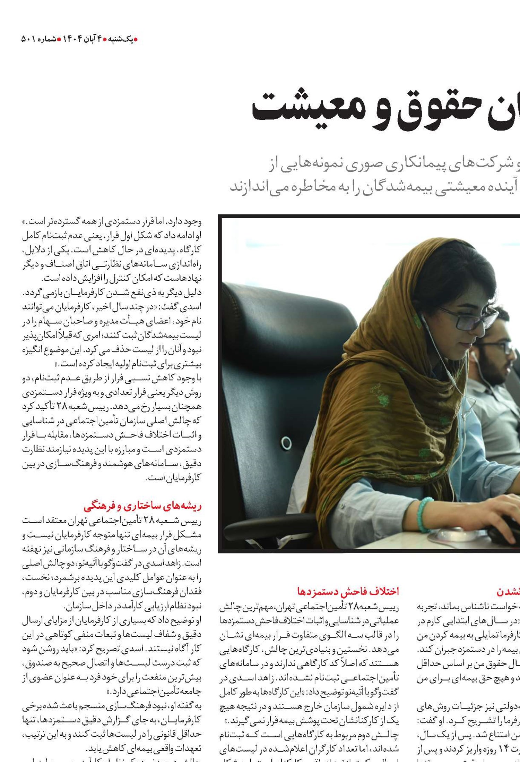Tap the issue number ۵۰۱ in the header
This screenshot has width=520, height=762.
pyautogui.click(x=28, y=39)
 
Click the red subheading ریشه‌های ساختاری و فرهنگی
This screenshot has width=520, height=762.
pyautogui.click(x=142, y=506)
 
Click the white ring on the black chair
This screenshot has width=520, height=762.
pyautogui.click(x=286, y=443)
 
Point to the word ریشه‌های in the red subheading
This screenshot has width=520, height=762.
pyautogui.click(x=186, y=506)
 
